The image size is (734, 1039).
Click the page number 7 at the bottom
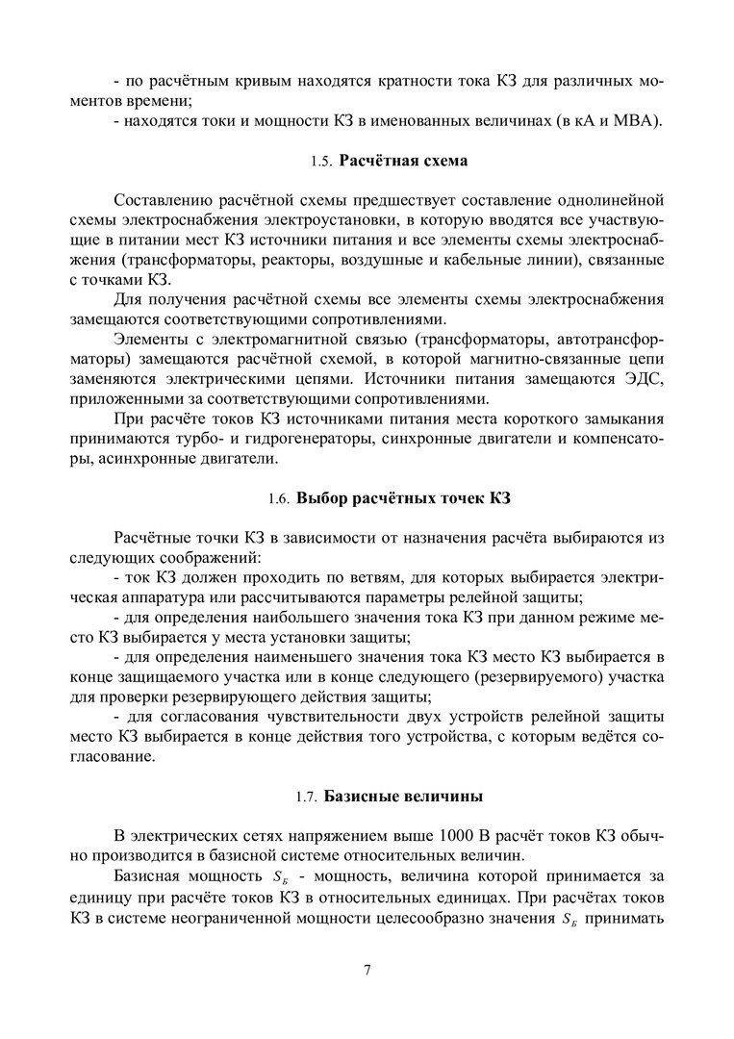[367, 968]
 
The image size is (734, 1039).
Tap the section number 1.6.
[278, 499]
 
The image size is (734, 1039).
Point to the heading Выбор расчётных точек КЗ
[404, 498]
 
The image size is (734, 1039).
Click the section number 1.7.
[306, 798]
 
